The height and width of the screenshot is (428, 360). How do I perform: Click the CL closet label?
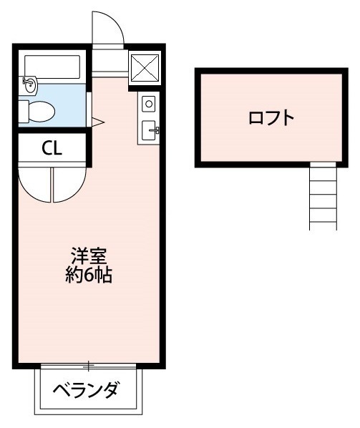(x=52, y=148)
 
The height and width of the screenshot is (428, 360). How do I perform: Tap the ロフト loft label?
(x=271, y=118)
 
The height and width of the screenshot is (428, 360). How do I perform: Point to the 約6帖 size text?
(x=88, y=275)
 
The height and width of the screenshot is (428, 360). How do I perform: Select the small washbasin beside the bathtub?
(x=30, y=84)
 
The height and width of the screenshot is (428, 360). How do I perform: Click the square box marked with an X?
(x=145, y=69)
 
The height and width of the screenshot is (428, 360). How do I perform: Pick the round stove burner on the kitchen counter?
(x=149, y=104)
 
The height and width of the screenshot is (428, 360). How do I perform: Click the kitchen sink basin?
(x=150, y=130)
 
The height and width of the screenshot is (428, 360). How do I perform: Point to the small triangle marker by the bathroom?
(x=98, y=122)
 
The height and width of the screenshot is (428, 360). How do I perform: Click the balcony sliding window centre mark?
(x=89, y=366)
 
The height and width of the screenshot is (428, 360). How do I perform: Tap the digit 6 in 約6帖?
(x=88, y=275)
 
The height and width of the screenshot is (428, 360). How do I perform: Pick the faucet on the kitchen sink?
(x=156, y=130)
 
